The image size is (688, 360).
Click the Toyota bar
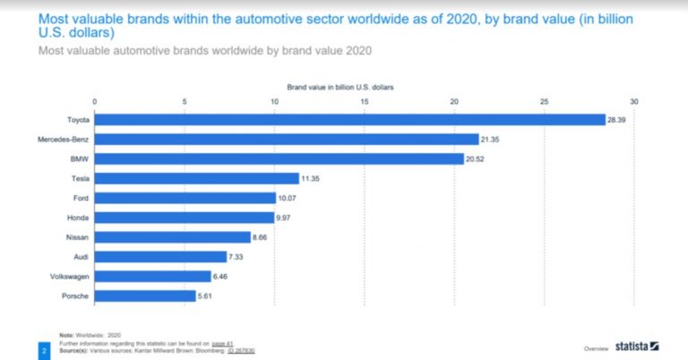pos(349,119)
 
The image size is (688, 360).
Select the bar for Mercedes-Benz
pos(287,139)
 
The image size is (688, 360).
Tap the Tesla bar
pos(196,178)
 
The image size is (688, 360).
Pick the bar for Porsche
pos(144,296)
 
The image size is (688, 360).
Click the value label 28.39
pos(616,119)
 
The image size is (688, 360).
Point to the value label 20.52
pos(475,159)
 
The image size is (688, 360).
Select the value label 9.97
pos(285,218)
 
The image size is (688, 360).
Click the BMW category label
pos(78,159)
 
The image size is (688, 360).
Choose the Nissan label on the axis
pos(75,237)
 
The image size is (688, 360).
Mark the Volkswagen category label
pos(68,277)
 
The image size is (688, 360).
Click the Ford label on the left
pos(79,198)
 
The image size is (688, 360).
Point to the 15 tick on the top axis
pos(365,101)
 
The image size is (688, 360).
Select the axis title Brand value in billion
pos(340,87)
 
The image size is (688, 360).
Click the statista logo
pos(637,346)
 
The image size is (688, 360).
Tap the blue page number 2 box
pos(43,350)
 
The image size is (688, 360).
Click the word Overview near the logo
pos(597,347)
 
